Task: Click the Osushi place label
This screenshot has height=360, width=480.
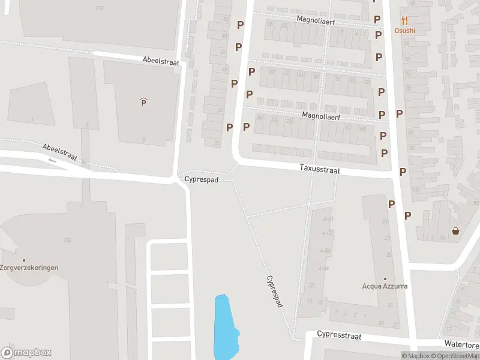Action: [x=404, y=30]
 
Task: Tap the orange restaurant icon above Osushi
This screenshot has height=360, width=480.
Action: [x=404, y=20]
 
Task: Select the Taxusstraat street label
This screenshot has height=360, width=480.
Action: [x=320, y=170]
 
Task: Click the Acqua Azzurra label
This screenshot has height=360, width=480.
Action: [x=385, y=286]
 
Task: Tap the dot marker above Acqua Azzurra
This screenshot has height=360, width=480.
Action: [x=385, y=278]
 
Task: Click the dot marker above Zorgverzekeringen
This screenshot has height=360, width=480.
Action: [x=24, y=260]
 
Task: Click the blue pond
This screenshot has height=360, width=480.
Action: [x=224, y=327]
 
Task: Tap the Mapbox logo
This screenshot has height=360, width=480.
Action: [x=26, y=353]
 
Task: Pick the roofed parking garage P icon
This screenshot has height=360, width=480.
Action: [x=143, y=102]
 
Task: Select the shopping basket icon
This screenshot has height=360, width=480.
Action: [x=455, y=231]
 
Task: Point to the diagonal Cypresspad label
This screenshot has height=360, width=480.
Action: [x=274, y=292]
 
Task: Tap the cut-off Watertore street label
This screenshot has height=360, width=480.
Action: [x=461, y=344]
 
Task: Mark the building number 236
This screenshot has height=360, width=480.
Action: [x=67, y=240]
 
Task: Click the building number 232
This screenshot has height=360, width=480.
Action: [x=100, y=8]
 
